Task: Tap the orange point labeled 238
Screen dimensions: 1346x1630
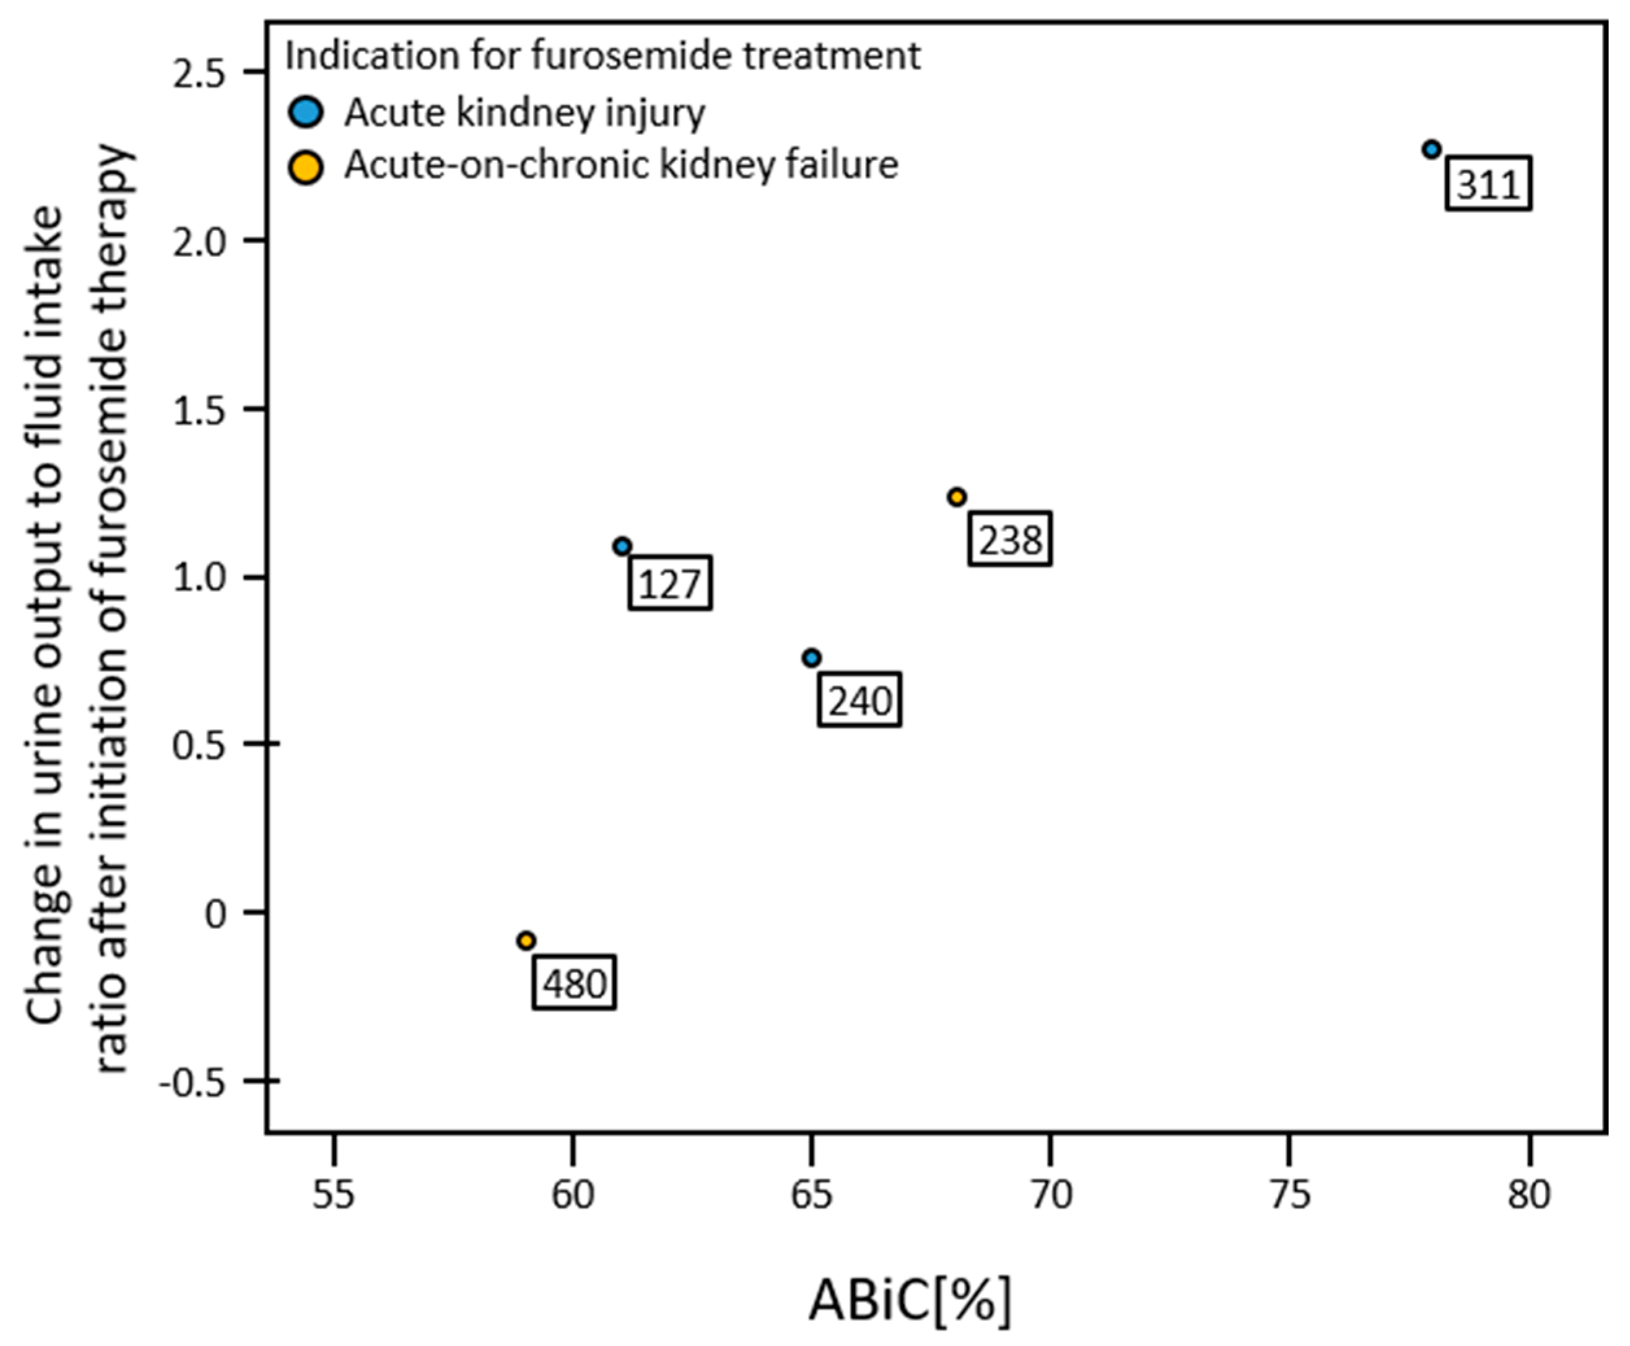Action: pos(957,497)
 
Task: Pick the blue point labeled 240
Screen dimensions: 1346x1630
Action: pos(812,658)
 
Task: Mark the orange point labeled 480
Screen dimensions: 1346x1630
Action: pos(526,941)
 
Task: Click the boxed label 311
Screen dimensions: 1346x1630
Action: pos(1488,184)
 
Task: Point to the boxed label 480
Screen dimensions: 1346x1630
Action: pos(574,983)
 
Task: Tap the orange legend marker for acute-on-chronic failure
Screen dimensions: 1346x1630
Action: pos(305,167)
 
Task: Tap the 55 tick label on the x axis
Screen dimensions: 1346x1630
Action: pos(333,1195)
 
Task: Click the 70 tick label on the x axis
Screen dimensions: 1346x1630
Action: pos(1050,1195)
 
